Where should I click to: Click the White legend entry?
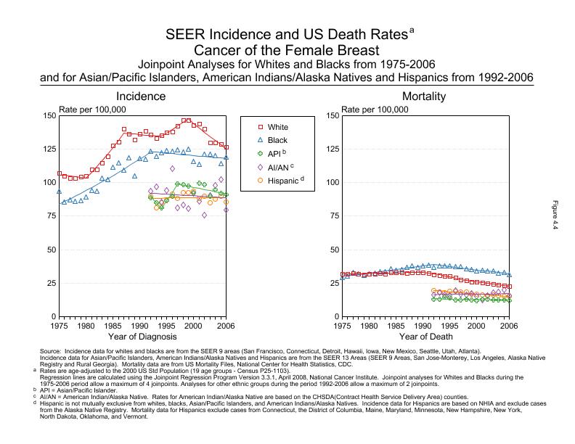pyautogui.click(x=272, y=126)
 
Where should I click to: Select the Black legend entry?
pyautogui.click(x=272, y=139)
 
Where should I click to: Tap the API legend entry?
pyautogui.click(x=272, y=152)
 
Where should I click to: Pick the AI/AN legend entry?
pyautogui.click(x=272, y=166)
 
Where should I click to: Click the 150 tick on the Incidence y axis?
pyautogui.click(x=48, y=115)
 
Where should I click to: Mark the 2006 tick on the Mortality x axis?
pyautogui.click(x=510, y=326)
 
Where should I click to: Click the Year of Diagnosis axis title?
pyautogui.click(x=142, y=337)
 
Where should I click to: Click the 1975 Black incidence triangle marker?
pyautogui.click(x=60, y=192)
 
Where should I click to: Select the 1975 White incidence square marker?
pyautogui.click(x=60, y=173)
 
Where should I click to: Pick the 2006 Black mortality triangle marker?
pyautogui.click(x=510, y=275)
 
